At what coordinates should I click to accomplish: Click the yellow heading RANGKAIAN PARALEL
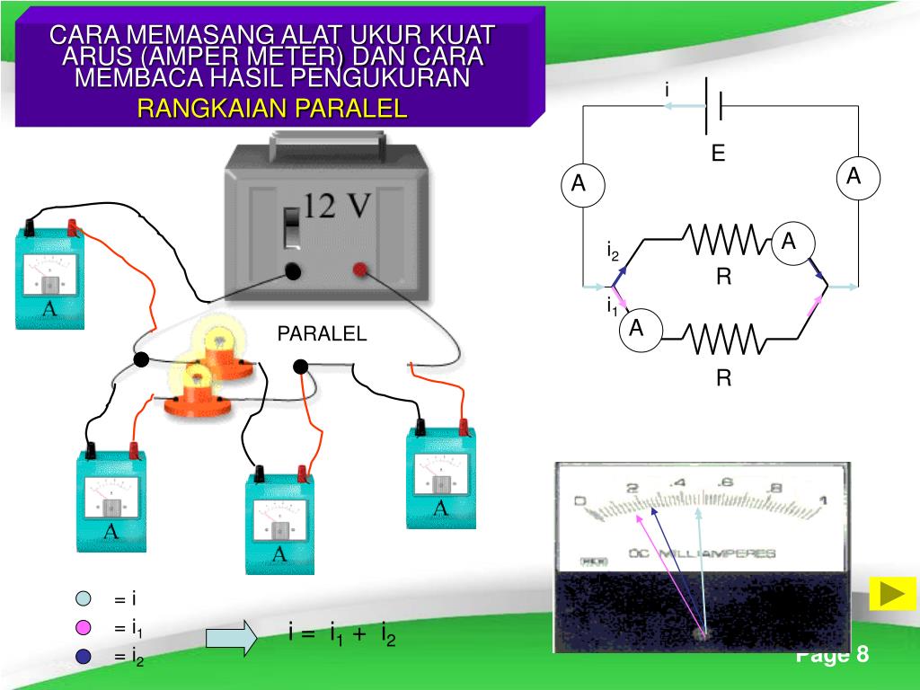click(x=272, y=109)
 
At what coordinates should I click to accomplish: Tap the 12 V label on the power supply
click(x=337, y=208)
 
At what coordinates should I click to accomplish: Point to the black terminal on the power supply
click(x=293, y=270)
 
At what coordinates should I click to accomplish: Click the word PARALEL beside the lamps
click(x=322, y=334)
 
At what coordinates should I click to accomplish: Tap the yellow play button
click(x=892, y=594)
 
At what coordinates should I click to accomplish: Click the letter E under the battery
click(x=718, y=154)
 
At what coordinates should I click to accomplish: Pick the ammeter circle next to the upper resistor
click(x=789, y=240)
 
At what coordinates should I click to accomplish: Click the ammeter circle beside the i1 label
click(x=637, y=328)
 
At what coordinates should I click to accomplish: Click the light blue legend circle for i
click(x=84, y=599)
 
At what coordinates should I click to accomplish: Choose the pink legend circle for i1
click(x=84, y=628)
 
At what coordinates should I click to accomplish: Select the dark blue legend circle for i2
click(x=84, y=657)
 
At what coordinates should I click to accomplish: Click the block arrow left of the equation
click(x=231, y=636)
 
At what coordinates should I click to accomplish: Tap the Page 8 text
click(x=832, y=654)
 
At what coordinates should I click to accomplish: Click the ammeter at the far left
click(x=49, y=277)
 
